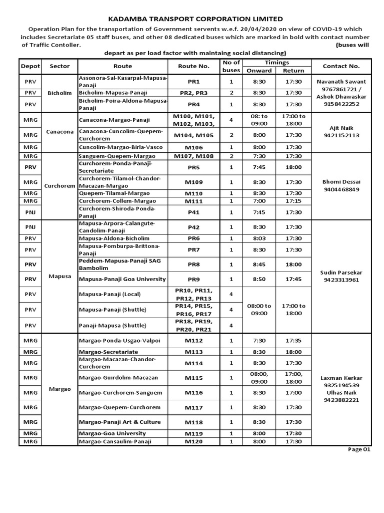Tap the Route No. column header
tap(193, 66)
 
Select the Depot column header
tap(30, 66)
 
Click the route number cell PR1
tap(193, 82)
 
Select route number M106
tap(193, 147)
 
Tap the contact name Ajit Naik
tap(341, 128)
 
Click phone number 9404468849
tap(341, 190)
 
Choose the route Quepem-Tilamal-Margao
tap(114, 193)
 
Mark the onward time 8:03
tap(258, 238)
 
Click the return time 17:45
tap(293, 279)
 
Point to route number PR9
tap(193, 279)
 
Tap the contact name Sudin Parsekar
tap(341, 272)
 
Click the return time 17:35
tap(293, 341)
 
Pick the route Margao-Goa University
tap(112, 433)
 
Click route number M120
tap(193, 441)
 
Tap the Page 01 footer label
tap(359, 449)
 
